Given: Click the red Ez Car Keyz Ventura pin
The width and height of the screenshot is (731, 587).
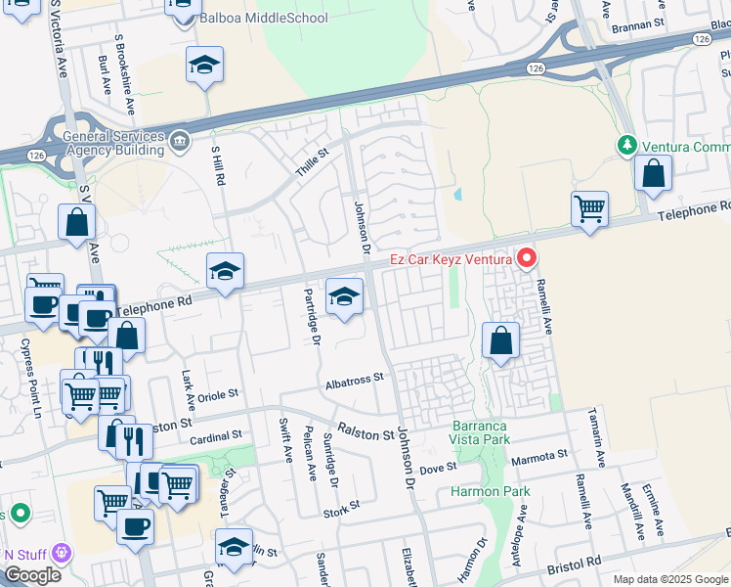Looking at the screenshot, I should (x=528, y=258).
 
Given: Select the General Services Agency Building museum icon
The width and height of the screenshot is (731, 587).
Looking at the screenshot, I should (x=180, y=143).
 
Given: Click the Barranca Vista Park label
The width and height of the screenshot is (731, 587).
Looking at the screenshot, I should (x=482, y=433).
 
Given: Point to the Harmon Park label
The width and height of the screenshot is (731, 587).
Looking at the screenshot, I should (x=491, y=491).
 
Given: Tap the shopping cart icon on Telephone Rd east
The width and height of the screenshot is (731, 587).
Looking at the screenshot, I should (x=589, y=208).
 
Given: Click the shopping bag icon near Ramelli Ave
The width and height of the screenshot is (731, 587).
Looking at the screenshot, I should (x=500, y=340).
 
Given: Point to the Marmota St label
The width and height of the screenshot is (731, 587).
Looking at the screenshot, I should (x=538, y=455).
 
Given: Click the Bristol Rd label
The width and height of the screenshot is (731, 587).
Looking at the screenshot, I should (x=573, y=564).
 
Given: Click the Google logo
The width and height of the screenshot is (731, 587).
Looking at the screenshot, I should (x=32, y=575).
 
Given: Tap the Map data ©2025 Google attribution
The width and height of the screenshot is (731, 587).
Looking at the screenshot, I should (x=669, y=579).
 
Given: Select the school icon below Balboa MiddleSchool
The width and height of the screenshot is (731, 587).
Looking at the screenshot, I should (x=204, y=67).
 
